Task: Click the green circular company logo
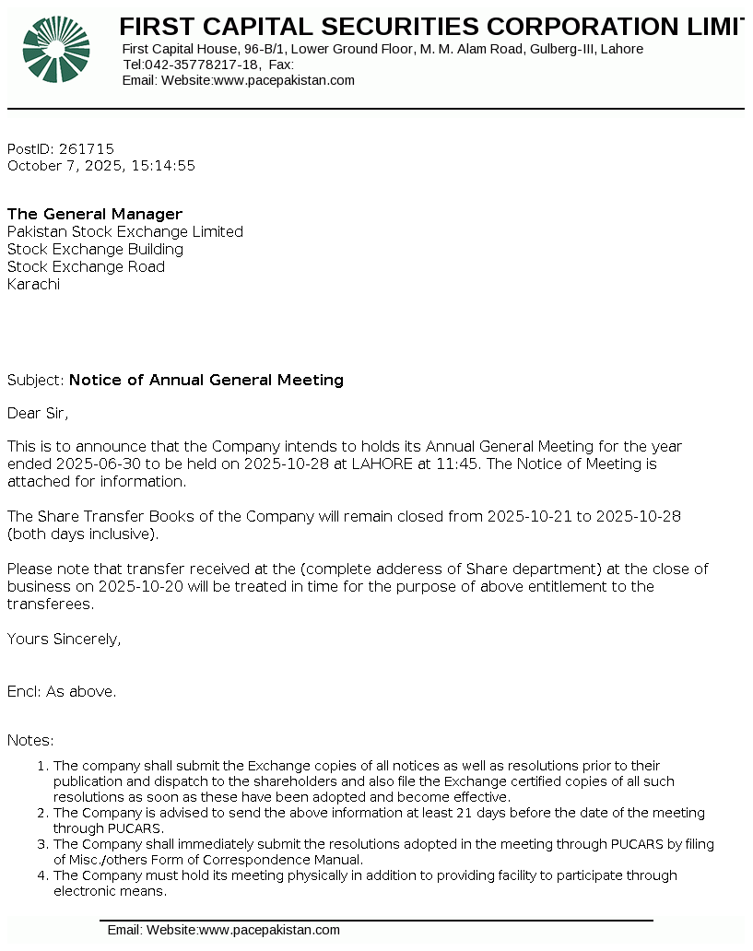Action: pos(56,49)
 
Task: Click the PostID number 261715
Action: pos(86,148)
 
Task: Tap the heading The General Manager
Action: pos(95,214)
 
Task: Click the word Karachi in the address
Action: pos(33,284)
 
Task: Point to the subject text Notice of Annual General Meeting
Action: pos(206,380)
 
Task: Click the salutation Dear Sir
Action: pos(38,413)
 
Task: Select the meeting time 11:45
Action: pos(460,464)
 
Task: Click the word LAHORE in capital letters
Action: pos(381,464)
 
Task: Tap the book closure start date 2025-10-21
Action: pos(530,516)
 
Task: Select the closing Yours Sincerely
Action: pos(64,639)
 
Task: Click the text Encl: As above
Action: pos(62,691)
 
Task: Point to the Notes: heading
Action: pos(30,740)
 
